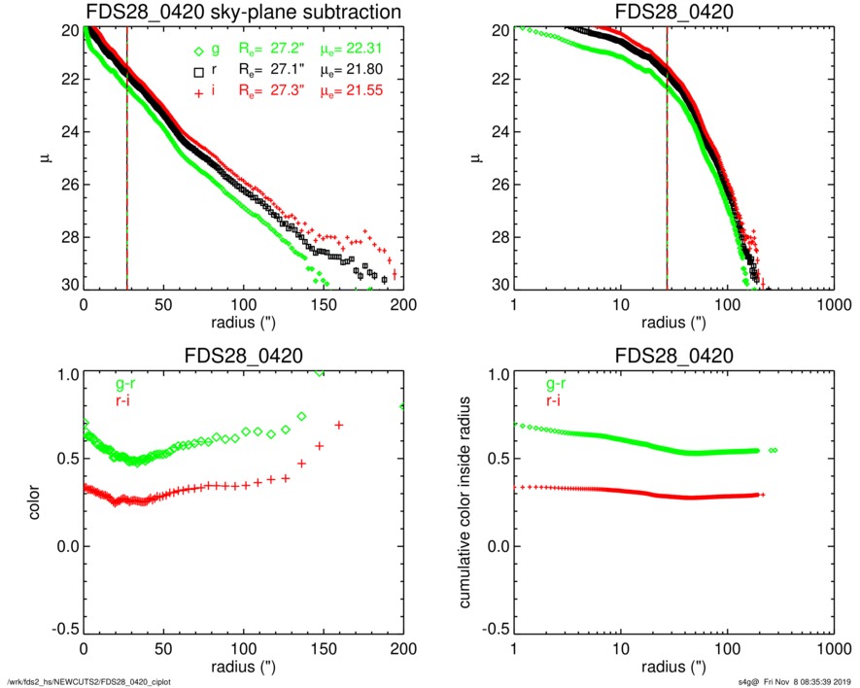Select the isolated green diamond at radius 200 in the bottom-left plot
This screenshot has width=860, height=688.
click(x=402, y=406)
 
